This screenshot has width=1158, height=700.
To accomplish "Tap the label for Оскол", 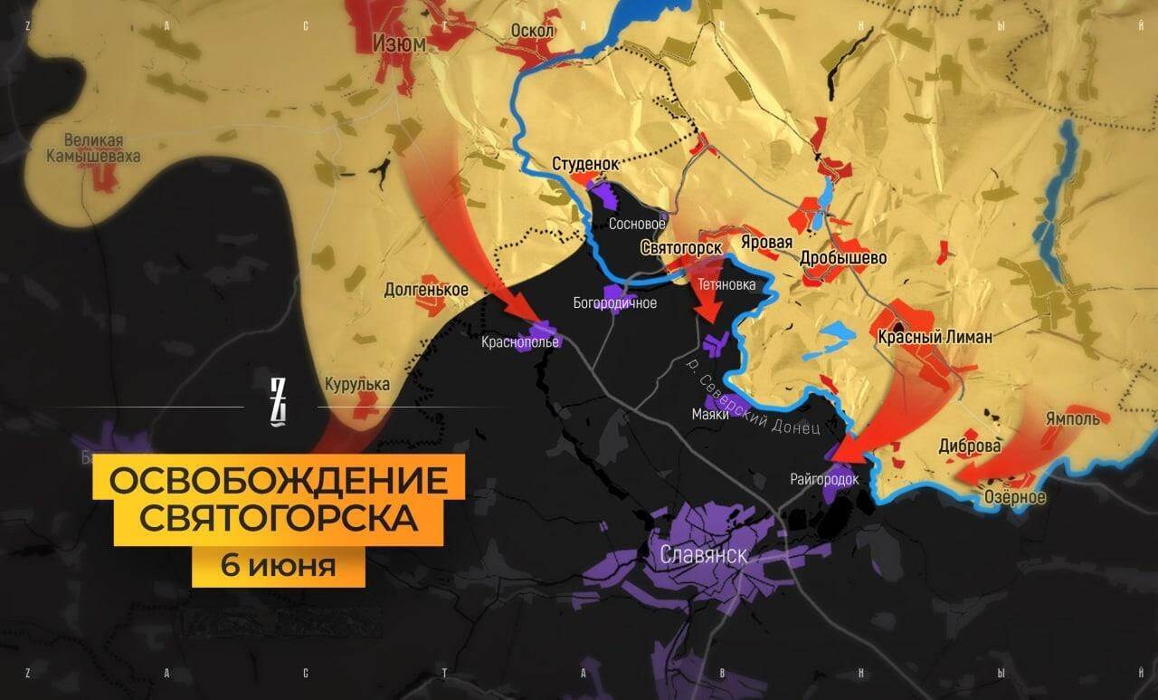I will pos(533,31).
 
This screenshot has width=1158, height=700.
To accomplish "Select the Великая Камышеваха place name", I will pos(94,149).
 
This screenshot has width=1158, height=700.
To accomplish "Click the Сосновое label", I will pos(637,223).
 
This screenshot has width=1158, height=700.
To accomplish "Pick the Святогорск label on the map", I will pos(679,247).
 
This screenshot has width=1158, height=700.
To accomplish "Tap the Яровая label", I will pos(766,243).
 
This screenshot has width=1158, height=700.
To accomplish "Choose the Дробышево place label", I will pos(843,257).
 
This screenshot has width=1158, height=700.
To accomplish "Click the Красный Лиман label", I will pos(935,337).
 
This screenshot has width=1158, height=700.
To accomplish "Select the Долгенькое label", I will pos(426,290).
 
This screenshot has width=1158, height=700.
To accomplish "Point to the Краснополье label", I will pos(521,342).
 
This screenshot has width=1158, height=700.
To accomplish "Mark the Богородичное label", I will pos(615,302).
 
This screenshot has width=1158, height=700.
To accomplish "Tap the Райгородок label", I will pos(823,479).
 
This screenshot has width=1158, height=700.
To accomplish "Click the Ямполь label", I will pos(1072,419).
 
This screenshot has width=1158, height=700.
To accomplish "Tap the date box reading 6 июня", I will pos(278,567).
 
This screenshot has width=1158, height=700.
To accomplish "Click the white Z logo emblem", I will pos(279,402).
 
